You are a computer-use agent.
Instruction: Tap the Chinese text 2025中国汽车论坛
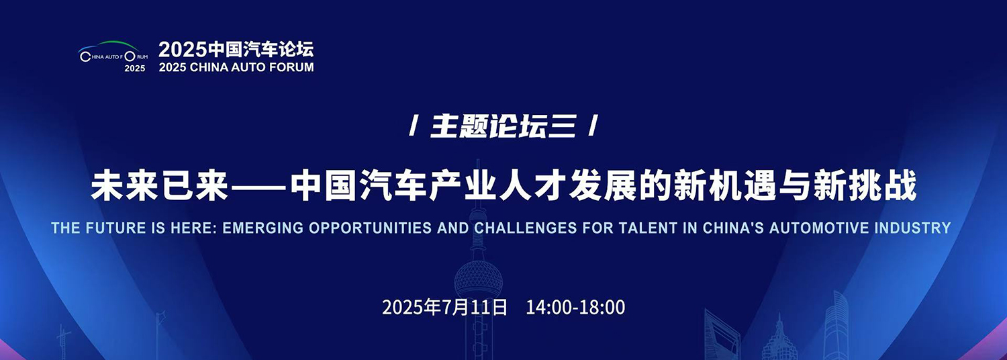coord(236,49)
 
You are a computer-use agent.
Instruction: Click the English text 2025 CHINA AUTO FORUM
coord(236,67)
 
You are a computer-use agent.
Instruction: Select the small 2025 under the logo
coord(135,69)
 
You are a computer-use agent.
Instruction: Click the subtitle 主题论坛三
coord(503,126)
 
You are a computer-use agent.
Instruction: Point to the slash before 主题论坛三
coord(414,126)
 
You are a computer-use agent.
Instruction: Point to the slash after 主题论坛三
coord(593,126)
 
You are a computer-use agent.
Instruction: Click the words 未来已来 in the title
coord(160,185)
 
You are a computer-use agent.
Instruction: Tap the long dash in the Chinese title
coord(259,185)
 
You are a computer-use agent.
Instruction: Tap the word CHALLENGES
coord(526,228)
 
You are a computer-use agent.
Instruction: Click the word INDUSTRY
coord(912,228)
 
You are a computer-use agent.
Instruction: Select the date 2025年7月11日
coord(444,308)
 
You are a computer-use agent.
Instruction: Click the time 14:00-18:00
coord(575,308)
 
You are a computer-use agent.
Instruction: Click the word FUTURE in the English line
coord(116,228)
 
